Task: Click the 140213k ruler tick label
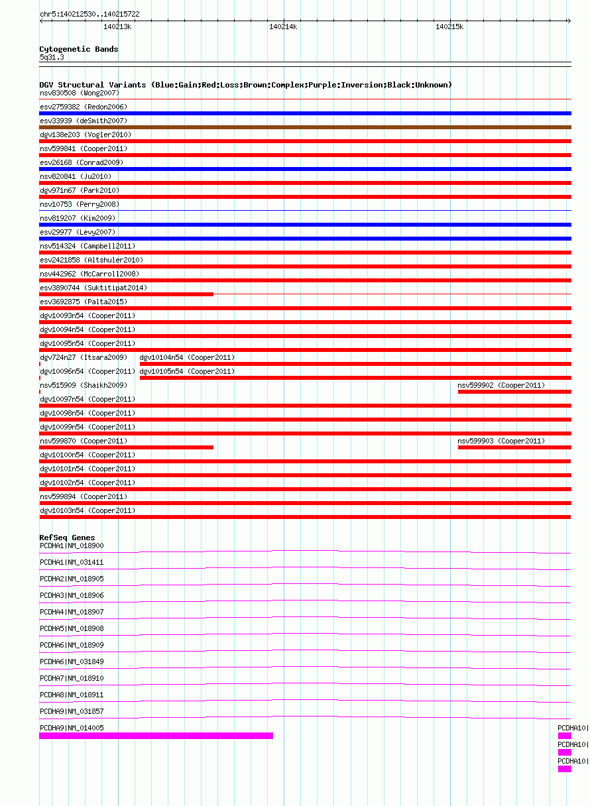pos(117,27)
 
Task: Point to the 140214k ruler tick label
pos(283,27)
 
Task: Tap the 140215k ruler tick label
pos(449,27)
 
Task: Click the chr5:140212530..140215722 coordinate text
pos(89,14)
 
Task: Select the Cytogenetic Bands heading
pos(78,49)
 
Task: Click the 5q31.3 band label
pos(52,58)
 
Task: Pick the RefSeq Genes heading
pos(67,538)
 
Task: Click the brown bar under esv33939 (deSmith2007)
pos(305,127)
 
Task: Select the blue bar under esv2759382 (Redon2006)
pos(305,113)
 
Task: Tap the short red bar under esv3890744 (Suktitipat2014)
pos(126,294)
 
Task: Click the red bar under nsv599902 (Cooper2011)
pos(514,392)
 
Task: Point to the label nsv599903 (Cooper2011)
pos(501,441)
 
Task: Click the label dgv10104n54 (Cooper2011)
pos(187,357)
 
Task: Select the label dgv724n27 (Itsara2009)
pos(84,357)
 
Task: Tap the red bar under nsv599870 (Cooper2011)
pos(126,447)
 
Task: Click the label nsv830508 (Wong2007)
pos(80,93)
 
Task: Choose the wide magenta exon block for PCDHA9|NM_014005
pos(156,736)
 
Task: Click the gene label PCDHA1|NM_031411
pos(72,562)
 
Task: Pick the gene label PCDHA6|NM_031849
pos(72,662)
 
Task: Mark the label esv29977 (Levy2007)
pos(78,232)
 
